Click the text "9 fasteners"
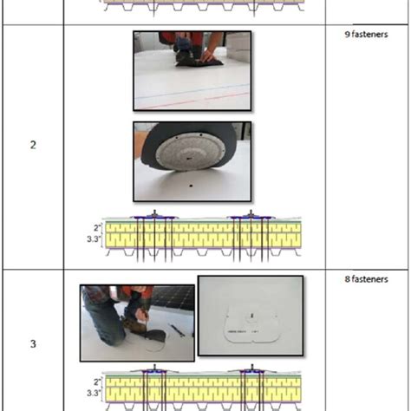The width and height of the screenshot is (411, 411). (x=366, y=34)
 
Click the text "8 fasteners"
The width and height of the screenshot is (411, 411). (x=366, y=279)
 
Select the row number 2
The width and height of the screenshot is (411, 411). (x=33, y=145)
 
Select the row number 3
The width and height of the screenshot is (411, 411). (x=33, y=343)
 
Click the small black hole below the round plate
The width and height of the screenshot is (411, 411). (x=191, y=186)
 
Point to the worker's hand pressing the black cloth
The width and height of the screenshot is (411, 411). (x=209, y=55)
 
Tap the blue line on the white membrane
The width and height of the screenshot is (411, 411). (x=192, y=92)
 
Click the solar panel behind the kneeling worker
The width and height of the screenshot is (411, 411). (x=173, y=297)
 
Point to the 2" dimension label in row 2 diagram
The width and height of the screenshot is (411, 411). (x=97, y=228)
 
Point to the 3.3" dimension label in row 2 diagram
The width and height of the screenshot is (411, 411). (x=94, y=239)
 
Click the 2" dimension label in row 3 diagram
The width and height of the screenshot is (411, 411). (x=97, y=382)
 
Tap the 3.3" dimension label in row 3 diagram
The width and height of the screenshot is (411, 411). (x=94, y=393)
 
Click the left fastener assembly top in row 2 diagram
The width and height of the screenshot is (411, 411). (x=154, y=215)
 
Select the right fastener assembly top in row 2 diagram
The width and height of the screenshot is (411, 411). (x=251, y=215)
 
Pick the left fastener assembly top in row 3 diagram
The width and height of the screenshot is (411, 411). (x=154, y=369)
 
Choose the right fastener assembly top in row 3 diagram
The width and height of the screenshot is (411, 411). (x=252, y=369)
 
